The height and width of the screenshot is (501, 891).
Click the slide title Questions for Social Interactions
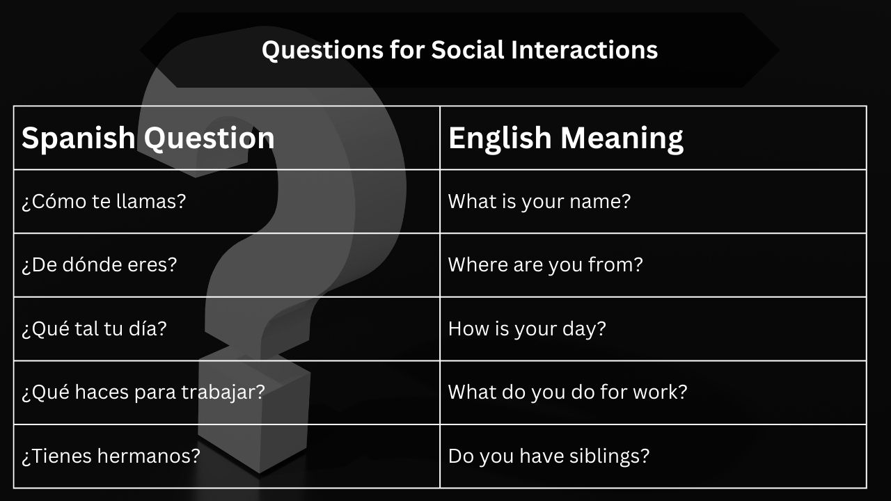[459, 50]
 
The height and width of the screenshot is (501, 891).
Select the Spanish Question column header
[148, 138]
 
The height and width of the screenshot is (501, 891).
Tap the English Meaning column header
[565, 138]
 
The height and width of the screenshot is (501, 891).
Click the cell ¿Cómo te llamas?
[104, 202]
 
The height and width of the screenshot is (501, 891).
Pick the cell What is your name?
[539, 202]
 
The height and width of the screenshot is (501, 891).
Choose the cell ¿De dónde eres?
[100, 265]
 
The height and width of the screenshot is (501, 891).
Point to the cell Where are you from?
[545, 265]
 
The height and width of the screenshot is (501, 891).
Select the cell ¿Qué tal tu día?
[94, 328]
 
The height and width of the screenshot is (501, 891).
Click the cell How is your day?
[527, 328]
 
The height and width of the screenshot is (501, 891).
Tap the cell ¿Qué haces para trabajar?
[143, 392]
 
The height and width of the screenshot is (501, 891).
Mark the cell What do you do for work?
[567, 392]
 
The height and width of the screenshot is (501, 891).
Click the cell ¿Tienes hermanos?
[111, 456]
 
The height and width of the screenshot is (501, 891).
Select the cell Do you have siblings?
[549, 456]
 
